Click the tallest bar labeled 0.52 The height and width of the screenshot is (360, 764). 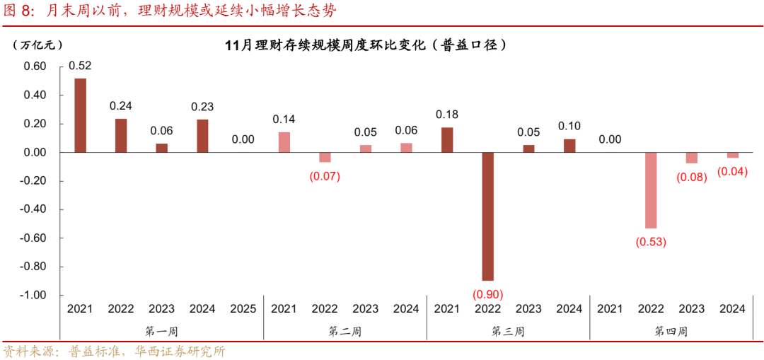point(81,115)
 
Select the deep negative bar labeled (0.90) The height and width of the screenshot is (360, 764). point(487,216)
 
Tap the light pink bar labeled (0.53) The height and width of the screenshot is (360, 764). point(650,190)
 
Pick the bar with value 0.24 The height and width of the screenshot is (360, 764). point(121,135)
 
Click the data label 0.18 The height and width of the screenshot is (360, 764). point(446,114)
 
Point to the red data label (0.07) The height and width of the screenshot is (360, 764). point(325,176)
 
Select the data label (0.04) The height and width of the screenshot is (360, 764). point(732,171)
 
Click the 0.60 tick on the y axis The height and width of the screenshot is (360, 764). point(35,66)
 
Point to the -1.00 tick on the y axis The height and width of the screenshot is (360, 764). point(34,295)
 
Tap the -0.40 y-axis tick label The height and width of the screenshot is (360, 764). point(34,209)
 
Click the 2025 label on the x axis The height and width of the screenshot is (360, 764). point(243,308)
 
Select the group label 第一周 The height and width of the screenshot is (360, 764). point(161,330)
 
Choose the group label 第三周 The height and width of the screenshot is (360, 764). point(508,330)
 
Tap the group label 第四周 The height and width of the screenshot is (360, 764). point(671,330)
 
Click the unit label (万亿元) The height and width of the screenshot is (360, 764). point(37,45)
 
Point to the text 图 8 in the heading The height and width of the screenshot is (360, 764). point(19,11)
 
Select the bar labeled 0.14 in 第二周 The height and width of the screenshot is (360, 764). point(284,142)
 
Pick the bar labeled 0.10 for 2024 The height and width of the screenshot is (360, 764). point(569,145)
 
